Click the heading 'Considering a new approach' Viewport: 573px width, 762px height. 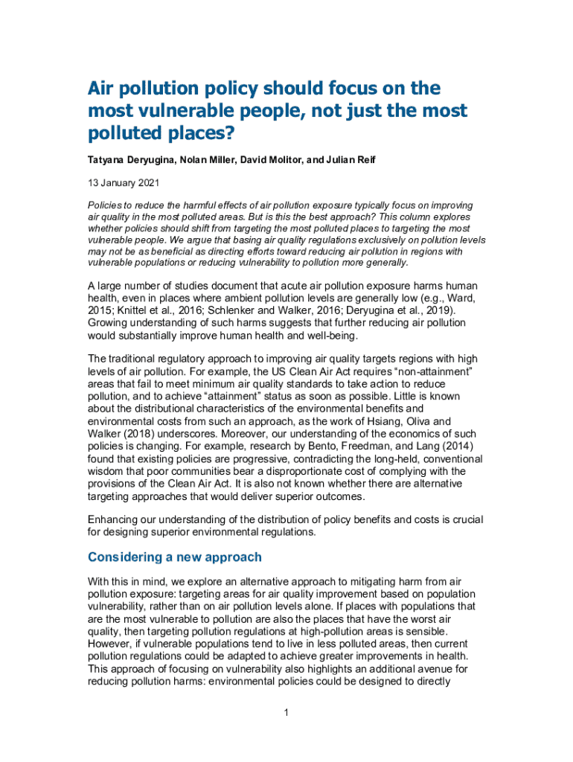coord(174,557)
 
